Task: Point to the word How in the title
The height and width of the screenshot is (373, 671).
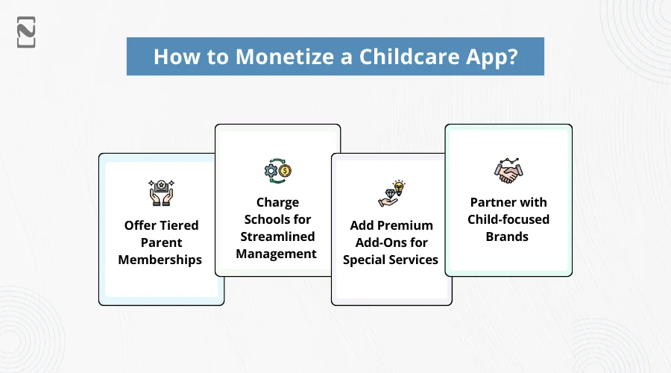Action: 172,57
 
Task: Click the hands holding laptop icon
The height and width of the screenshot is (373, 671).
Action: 161,192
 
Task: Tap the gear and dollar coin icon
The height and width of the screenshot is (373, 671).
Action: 277,171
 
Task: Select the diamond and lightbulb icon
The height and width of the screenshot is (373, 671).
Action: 391,194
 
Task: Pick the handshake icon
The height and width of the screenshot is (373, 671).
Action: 508,171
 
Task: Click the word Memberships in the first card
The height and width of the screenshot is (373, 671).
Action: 161,259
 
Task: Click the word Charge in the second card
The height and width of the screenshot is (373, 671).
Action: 277,202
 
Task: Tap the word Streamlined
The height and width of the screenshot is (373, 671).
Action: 277,236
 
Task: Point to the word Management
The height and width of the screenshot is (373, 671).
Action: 277,254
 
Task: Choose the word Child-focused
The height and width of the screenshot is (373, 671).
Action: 508,219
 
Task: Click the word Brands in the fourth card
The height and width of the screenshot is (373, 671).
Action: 508,236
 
